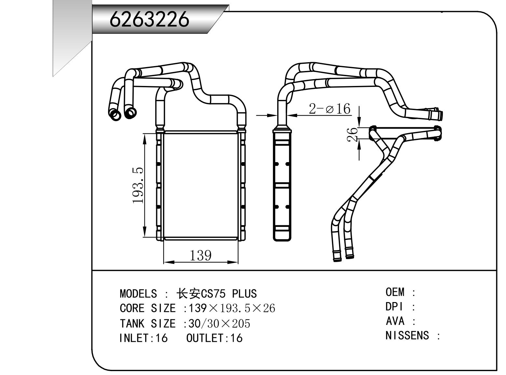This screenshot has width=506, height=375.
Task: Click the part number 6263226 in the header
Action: pyautogui.click(x=149, y=19)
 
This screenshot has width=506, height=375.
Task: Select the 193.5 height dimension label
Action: pyautogui.click(x=138, y=185)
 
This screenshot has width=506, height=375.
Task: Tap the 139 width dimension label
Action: pyautogui.click(x=200, y=255)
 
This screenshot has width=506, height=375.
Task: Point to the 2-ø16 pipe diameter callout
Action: pyautogui.click(x=329, y=108)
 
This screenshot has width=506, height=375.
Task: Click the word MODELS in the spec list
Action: pyautogui.click(x=138, y=294)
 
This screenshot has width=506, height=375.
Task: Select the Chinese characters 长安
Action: pyautogui.click(x=188, y=294)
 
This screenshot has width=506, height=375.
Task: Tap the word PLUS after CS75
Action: pyautogui.click(x=244, y=294)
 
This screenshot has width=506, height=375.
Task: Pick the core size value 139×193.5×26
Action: pyautogui.click(x=232, y=308)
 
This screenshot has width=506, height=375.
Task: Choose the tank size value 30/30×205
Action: pyautogui.click(x=219, y=324)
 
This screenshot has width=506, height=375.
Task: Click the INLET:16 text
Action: pyautogui.click(x=144, y=338)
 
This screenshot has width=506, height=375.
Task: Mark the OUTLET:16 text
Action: pyautogui.click(x=214, y=338)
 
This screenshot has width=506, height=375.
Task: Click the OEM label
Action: pyautogui.click(x=395, y=292)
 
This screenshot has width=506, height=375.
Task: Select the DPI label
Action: pyautogui.click(x=394, y=307)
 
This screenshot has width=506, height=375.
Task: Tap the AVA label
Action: pyautogui.click(x=395, y=321)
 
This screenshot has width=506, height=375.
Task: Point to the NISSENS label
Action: pyautogui.click(x=407, y=336)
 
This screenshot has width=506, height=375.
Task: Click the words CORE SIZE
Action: pyautogui.click(x=148, y=308)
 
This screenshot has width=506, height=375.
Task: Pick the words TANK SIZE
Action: pyautogui.click(x=148, y=324)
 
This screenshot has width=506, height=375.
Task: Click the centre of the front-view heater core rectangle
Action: pyautogui.click(x=201, y=185)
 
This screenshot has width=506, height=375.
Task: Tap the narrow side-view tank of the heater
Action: pyautogui.click(x=282, y=185)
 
